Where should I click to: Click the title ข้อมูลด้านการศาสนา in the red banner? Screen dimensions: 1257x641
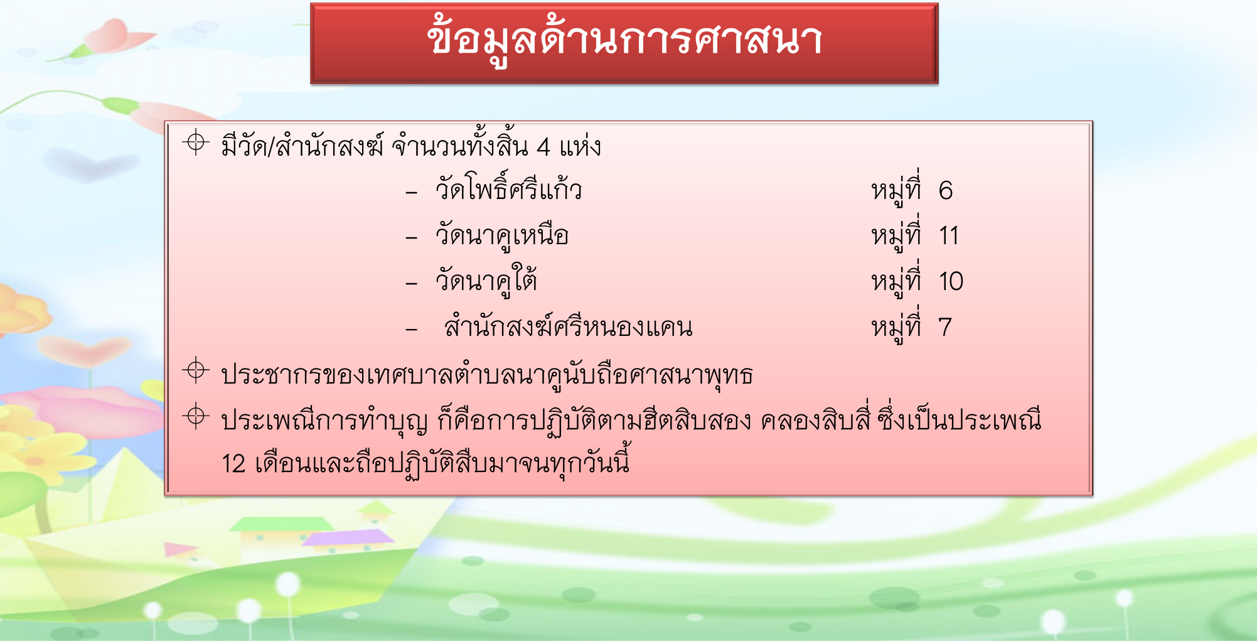[624, 41]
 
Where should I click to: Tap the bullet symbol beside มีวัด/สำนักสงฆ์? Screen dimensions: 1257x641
[196, 143]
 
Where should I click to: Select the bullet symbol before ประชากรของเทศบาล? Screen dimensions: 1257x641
[196, 370]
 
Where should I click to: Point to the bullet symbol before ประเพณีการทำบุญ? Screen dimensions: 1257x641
[196, 416]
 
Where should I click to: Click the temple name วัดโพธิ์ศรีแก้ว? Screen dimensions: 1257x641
[509, 186]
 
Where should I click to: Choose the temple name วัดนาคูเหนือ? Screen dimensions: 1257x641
[502, 236]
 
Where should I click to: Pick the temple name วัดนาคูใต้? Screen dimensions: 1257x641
[486, 280]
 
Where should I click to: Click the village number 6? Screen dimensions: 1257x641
[946, 190]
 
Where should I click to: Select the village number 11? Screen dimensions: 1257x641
[949, 236]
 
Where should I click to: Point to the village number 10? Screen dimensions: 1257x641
[951, 281]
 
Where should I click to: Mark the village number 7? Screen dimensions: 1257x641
[945, 327]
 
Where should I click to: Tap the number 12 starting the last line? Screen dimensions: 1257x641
[233, 464]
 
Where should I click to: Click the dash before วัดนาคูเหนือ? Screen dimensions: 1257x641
[412, 238]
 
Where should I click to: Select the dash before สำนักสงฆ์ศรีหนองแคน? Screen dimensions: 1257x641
[412, 329]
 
